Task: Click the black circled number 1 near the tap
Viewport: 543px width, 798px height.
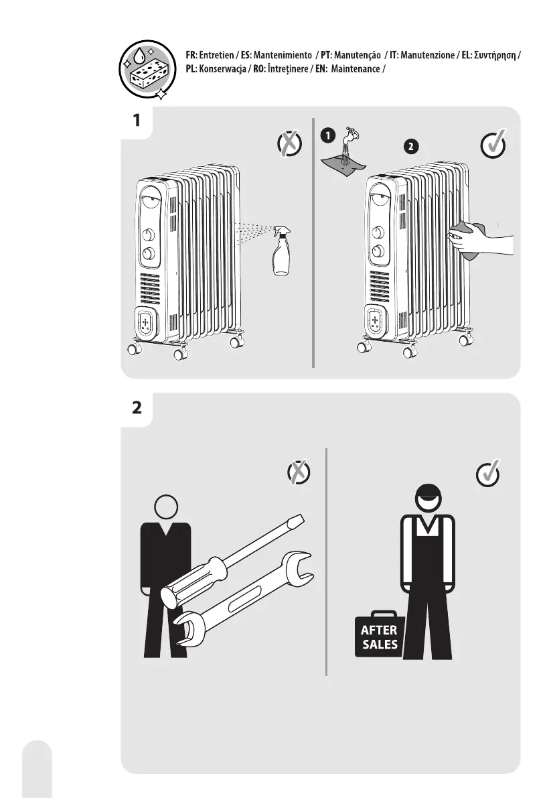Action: pyautogui.click(x=326, y=136)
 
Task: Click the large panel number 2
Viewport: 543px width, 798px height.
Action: pyautogui.click(x=137, y=408)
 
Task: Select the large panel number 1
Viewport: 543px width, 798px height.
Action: pyautogui.click(x=137, y=121)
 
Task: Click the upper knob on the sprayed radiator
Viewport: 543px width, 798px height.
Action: pyautogui.click(x=149, y=235)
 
